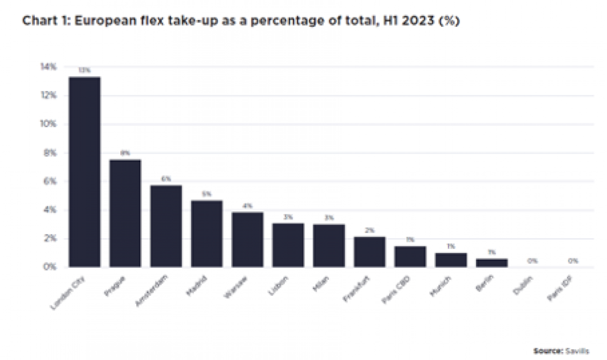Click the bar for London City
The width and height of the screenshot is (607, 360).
click(x=85, y=172)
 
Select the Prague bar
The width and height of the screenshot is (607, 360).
click(x=125, y=213)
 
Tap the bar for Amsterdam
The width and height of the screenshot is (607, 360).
click(x=166, y=226)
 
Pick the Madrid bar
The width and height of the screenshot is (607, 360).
click(x=207, y=233)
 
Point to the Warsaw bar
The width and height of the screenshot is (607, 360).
click(x=247, y=239)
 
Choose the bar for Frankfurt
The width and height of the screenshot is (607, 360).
click(x=370, y=251)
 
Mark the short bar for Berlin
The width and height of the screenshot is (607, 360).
click(x=492, y=262)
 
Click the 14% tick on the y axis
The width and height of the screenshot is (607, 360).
click(x=49, y=67)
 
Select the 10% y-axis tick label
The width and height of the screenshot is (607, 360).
click(x=49, y=124)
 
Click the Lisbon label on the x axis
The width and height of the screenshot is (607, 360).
click(x=279, y=287)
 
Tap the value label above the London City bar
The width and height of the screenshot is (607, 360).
click(x=85, y=70)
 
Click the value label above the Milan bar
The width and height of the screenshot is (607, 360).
click(x=329, y=218)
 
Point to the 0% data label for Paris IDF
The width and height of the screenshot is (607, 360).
click(x=573, y=261)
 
